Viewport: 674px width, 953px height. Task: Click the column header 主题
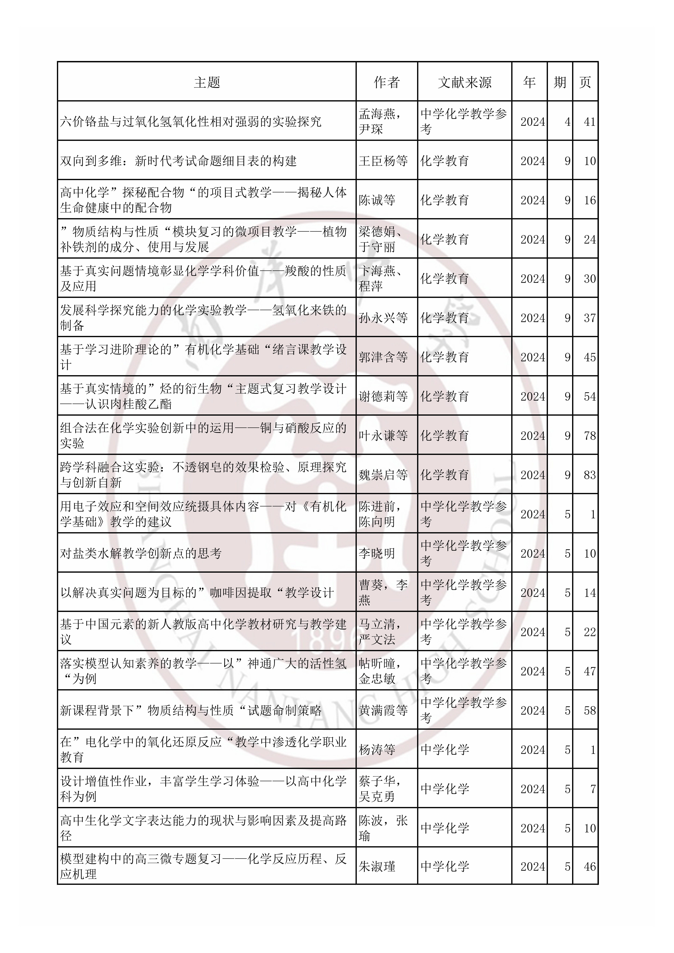coord(207,82)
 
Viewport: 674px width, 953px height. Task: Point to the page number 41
coord(589,122)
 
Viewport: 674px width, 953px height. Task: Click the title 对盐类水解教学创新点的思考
coord(141,553)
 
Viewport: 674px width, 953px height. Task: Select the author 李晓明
coord(377,553)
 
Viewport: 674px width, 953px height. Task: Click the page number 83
coord(589,475)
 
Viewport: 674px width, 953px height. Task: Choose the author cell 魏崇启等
coord(383,475)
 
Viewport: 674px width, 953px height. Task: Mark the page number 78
coord(589,436)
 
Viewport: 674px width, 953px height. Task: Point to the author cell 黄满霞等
coord(383,711)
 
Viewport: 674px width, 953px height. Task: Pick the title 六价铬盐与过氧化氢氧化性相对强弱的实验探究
coord(191,122)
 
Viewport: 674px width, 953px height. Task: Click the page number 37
coord(589,318)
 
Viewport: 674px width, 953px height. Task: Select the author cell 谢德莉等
coord(383,396)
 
